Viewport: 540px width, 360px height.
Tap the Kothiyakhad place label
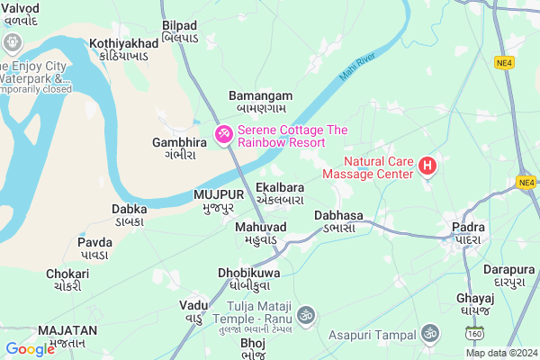click(x=126, y=49)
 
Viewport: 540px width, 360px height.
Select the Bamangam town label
click(x=260, y=101)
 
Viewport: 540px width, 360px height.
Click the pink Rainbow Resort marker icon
click(x=222, y=135)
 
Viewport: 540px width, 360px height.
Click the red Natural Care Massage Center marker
click(x=427, y=166)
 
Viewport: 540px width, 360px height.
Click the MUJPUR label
click(x=218, y=200)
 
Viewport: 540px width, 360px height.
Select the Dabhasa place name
click(x=338, y=221)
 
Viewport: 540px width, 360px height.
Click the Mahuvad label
click(x=261, y=233)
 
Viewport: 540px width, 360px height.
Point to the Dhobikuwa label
click(x=249, y=278)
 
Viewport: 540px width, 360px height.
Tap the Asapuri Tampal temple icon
click(x=429, y=333)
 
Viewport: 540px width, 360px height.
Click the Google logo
click(x=30, y=349)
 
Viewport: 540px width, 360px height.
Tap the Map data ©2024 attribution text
click(x=500, y=353)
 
